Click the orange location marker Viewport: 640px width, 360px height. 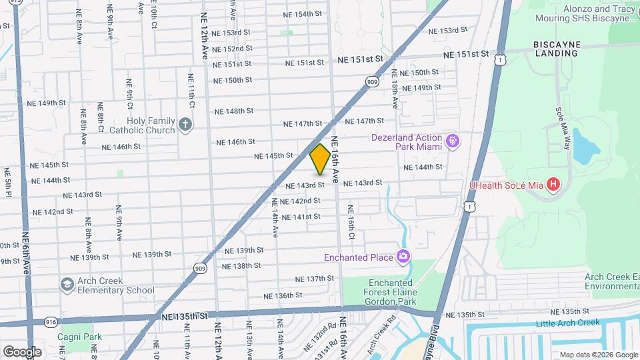[320, 159]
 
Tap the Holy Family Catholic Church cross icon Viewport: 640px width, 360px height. [186, 123]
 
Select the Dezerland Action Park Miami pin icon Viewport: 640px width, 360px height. [453, 141]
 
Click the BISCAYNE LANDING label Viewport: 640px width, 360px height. [557, 49]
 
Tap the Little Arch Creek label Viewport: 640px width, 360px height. [568, 323]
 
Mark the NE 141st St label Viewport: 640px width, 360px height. [301, 217]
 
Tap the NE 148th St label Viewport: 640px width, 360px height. [234, 111]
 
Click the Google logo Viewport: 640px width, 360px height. [22, 351]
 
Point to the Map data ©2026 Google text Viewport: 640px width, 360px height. [598, 355]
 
